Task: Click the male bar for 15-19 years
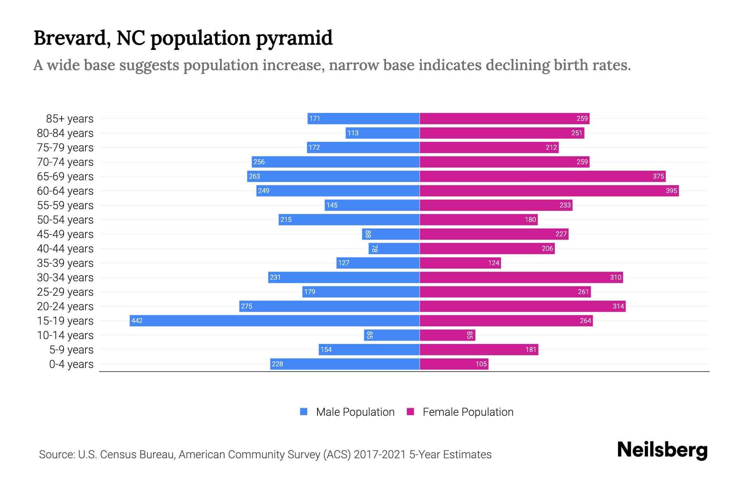pos(274,321)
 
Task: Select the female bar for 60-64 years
pos(549,191)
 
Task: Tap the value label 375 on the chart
pos(658,176)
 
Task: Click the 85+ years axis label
pos(70,119)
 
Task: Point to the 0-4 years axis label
pos(71,364)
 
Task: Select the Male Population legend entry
pos(355,412)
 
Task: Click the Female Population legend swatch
pos(410,412)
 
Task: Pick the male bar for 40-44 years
pos(394,248)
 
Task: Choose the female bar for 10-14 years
pos(447,335)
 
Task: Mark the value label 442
pos(137,321)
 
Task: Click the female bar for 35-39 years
pos(460,263)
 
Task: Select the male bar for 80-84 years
pos(383,133)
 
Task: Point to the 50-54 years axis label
pos(65,220)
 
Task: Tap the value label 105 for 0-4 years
pos(481,364)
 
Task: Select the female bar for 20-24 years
pos(523,306)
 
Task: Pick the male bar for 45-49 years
pos(391,234)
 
